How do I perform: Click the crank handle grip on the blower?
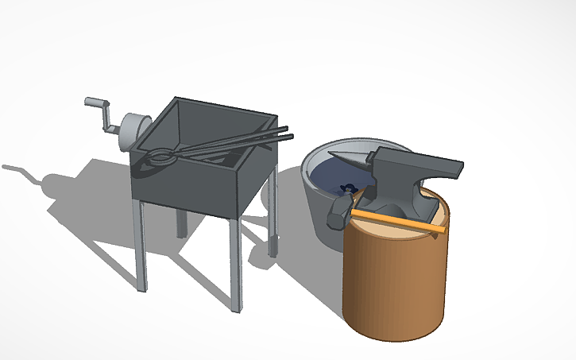(95, 102)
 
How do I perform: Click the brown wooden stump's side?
(393, 286)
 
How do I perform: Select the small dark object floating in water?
(346, 189)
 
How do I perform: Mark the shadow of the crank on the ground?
(24, 172)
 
